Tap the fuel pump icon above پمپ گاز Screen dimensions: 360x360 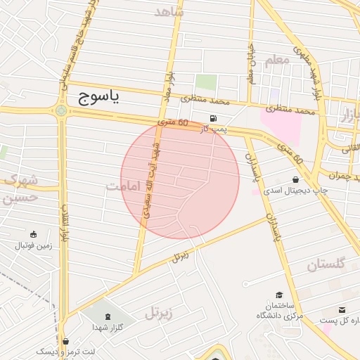(x=213, y=118)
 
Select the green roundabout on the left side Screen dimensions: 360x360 (x=62, y=110)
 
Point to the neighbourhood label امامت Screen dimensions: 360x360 (x=124, y=186)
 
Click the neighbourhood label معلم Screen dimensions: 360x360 (x=278, y=60)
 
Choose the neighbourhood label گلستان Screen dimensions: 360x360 (x=326, y=264)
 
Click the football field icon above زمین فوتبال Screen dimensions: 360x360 (x=33, y=234)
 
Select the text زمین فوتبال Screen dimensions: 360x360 (x=33, y=247)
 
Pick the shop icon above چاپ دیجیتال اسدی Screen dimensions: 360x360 (x=295, y=180)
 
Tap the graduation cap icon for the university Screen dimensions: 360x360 (x=279, y=295)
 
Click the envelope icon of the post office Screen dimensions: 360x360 (x=342, y=310)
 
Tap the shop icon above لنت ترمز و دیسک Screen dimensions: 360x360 (x=65, y=341)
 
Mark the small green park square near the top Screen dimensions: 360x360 (x=205, y=82)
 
